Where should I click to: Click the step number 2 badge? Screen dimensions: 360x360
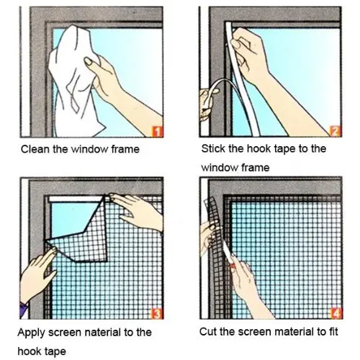coord(334,130)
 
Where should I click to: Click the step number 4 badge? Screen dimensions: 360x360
coord(334,313)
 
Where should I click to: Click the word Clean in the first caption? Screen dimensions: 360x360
coord(35,150)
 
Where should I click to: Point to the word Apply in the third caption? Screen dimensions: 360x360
coord(35,333)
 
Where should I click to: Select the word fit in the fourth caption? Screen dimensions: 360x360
coord(333,332)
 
